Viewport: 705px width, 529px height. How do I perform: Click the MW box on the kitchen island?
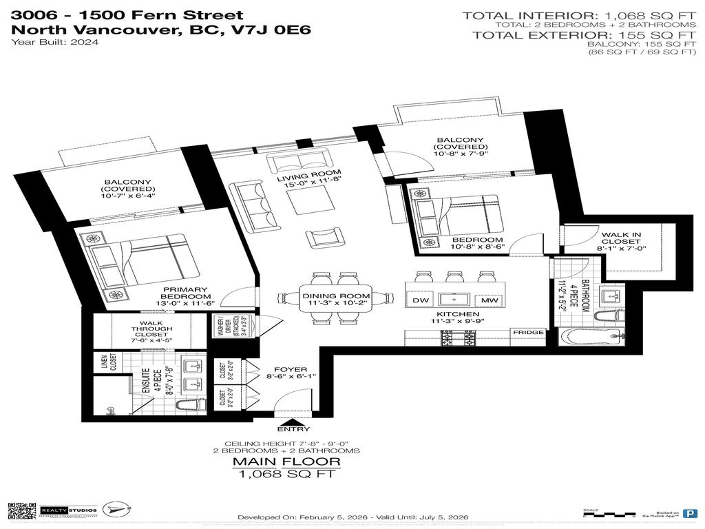(x=490, y=301)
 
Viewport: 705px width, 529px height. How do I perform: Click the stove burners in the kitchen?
(x=457, y=339)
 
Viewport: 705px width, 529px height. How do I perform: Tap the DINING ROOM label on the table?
(x=337, y=295)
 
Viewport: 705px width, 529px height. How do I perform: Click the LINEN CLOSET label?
(x=104, y=362)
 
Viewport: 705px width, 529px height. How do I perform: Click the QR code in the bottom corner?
(x=21, y=511)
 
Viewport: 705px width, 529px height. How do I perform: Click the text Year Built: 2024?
(x=55, y=42)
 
